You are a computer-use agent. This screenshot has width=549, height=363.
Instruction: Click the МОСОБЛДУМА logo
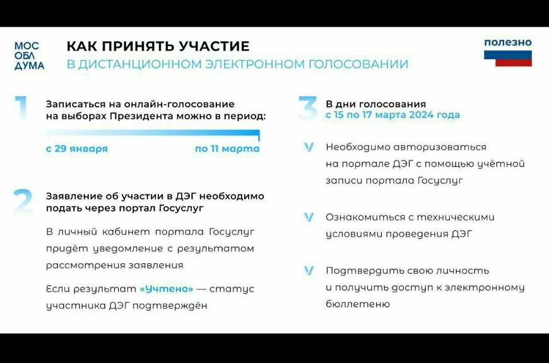[30, 56]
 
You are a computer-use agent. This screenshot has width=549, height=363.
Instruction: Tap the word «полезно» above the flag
[508, 42]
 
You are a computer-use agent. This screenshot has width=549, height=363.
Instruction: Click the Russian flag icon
[508, 58]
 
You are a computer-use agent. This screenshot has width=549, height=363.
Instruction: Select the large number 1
[21, 109]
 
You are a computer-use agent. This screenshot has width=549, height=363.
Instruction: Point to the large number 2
[23, 201]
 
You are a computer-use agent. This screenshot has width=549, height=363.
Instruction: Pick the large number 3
[308, 109]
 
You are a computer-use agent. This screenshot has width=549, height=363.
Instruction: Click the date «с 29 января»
[77, 148]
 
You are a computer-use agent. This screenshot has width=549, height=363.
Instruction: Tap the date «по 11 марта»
[227, 148]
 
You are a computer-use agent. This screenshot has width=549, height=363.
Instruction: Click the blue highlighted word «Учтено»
[167, 289]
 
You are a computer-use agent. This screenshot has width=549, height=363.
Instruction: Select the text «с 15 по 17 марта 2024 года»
[393, 114]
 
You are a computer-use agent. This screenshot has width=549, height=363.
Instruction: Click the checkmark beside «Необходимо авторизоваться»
[309, 147]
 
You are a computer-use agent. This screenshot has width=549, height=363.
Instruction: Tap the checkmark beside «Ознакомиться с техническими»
[309, 217]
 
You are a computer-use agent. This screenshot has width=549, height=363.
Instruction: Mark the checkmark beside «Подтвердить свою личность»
[309, 270]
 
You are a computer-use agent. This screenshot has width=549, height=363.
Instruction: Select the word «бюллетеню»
[357, 304]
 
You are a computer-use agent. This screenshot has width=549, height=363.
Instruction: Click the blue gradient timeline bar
[153, 133]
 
